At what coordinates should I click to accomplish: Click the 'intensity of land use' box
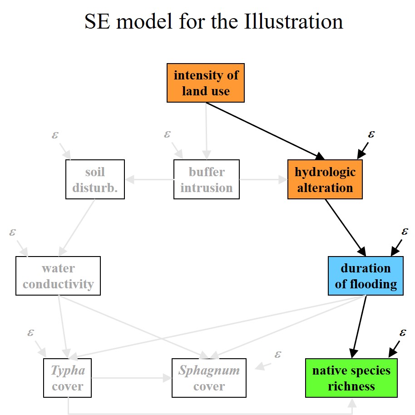tap(206, 83)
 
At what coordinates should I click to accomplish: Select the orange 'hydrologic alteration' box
tap(325, 179)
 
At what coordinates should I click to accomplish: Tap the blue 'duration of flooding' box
tap(366, 276)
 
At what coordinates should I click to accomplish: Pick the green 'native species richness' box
tap(351, 378)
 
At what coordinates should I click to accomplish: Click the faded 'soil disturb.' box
tap(95, 179)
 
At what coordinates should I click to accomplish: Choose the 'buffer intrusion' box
tap(207, 179)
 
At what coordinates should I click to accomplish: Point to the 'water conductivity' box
tap(58, 276)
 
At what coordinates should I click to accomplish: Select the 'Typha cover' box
tap(68, 378)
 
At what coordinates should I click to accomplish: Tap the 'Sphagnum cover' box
tap(209, 378)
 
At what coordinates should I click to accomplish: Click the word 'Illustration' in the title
tap(293, 22)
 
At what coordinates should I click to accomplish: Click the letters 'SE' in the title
tap(97, 22)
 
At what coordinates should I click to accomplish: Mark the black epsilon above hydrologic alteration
tap(371, 134)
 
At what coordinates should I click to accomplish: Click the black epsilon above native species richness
tap(403, 332)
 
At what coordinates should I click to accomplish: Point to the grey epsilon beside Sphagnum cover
tap(278, 354)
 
